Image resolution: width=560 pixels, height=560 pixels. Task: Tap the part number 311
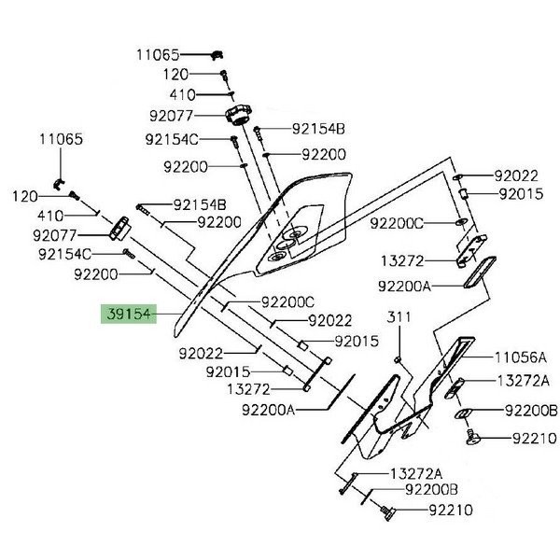[399, 319]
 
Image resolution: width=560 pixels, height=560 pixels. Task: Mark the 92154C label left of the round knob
[172, 140]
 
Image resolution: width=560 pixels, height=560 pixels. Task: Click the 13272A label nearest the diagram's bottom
[414, 473]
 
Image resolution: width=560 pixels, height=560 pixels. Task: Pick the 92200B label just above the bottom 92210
[431, 490]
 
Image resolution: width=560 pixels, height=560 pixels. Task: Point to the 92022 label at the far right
[517, 175]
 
